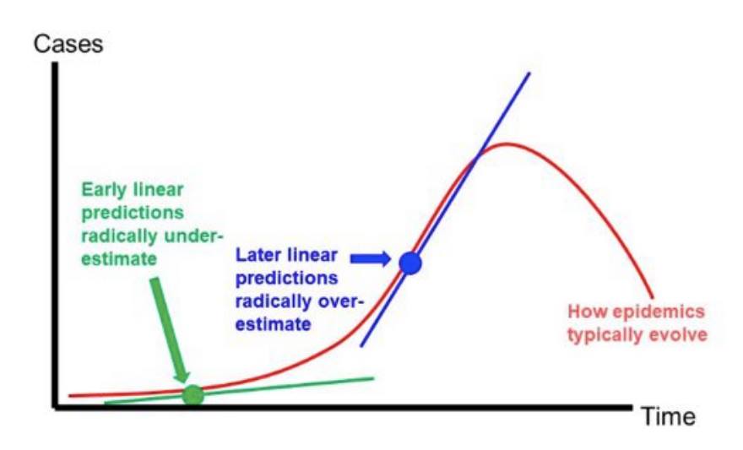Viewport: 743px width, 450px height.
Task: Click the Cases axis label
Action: tap(68, 45)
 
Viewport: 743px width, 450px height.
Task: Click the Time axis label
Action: tap(669, 417)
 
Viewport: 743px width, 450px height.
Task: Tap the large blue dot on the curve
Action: tap(410, 263)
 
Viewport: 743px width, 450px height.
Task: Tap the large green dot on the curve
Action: tap(193, 394)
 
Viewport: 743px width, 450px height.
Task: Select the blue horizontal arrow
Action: tap(371, 258)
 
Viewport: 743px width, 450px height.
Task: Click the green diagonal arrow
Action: tap(169, 329)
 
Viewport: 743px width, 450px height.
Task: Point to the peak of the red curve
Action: tap(506, 144)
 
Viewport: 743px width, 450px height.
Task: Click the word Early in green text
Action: tap(105, 189)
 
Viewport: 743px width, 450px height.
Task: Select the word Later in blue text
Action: tap(259, 255)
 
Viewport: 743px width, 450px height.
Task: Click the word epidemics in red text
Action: tap(659, 312)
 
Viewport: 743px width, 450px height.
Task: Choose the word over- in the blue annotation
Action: tap(339, 301)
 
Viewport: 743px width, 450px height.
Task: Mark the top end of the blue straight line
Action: tap(529, 73)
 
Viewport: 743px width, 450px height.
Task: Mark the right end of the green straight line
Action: tap(374, 378)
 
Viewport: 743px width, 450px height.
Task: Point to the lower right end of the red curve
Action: tap(653, 297)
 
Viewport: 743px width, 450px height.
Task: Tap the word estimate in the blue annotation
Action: tap(273, 324)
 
